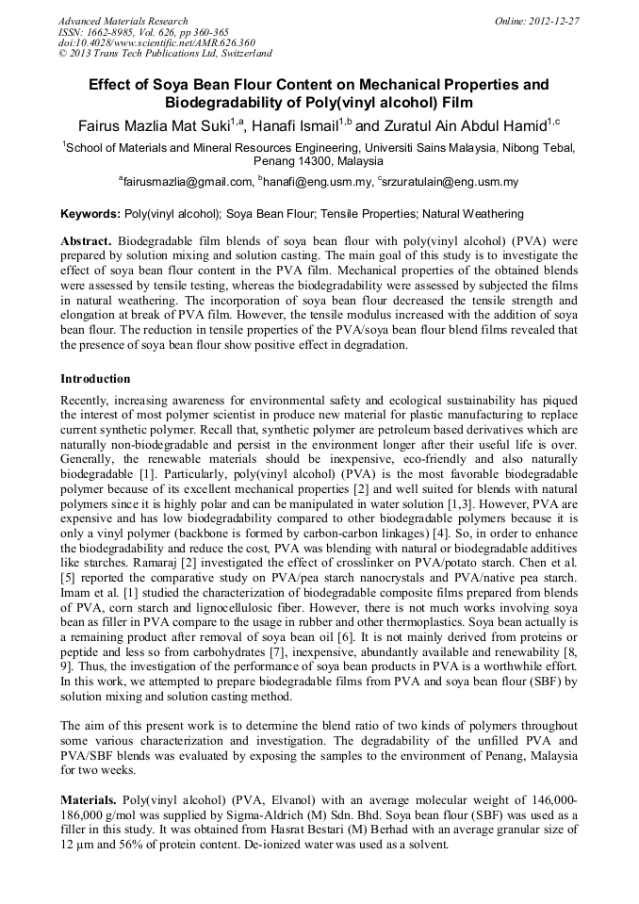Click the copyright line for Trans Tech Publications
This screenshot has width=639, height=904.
[165, 54]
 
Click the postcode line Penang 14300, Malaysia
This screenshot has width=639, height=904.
[319, 161]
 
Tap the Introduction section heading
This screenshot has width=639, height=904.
[95, 379]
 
